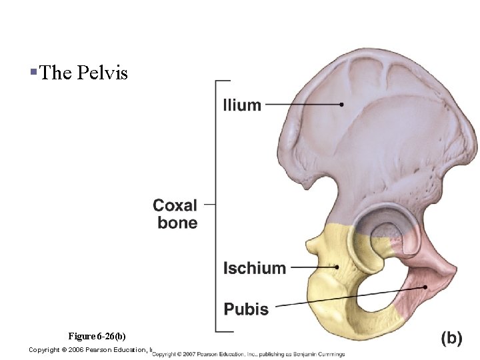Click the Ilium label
(242, 105)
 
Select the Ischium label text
(254, 268)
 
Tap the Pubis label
(246, 309)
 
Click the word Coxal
(175, 205)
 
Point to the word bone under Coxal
(177, 223)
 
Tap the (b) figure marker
(451, 338)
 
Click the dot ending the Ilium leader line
(341, 104)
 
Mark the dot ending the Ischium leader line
(337, 267)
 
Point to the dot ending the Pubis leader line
(425, 287)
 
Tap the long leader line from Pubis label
(347, 297)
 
